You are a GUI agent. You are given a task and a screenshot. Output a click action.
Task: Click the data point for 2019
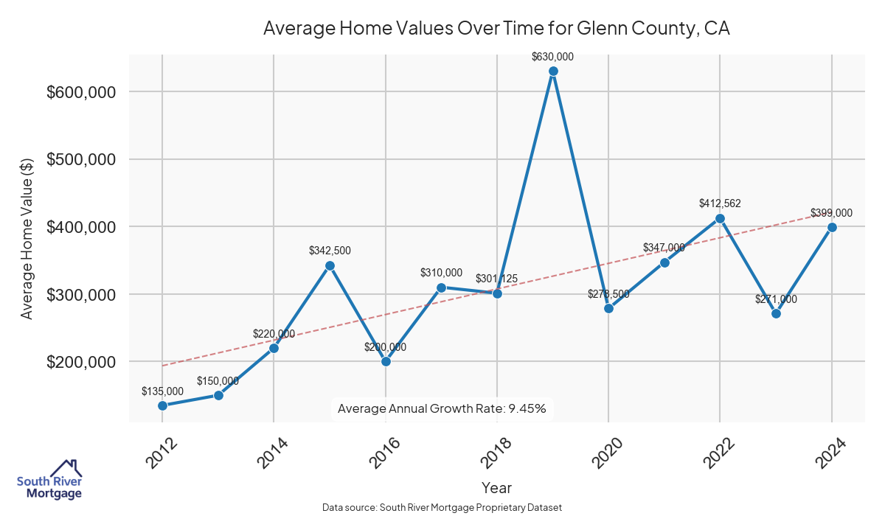pyautogui.click(x=553, y=72)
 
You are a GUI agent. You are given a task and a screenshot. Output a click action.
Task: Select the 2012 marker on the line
pyautogui.click(x=162, y=405)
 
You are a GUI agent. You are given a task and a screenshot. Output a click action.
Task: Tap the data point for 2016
pyautogui.click(x=386, y=361)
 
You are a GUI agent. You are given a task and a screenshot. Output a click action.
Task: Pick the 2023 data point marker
pyautogui.click(x=776, y=313)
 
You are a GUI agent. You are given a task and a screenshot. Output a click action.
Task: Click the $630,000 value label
pyautogui.click(x=553, y=57)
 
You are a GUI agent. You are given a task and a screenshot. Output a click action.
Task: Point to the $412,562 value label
pyautogui.click(x=720, y=203)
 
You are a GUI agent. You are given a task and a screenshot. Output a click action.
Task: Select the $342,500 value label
pyautogui.click(x=330, y=251)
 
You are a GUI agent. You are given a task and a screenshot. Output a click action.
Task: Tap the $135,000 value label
pyautogui.click(x=162, y=391)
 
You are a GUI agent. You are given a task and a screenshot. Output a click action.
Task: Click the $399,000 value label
pyautogui.click(x=831, y=213)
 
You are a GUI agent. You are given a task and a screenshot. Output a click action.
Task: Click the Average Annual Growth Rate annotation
pyautogui.click(x=442, y=408)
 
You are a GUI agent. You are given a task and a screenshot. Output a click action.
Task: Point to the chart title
pyautogui.click(x=496, y=29)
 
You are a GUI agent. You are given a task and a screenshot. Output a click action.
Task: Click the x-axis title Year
pyautogui.click(x=496, y=487)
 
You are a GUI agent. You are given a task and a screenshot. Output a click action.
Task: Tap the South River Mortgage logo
pyautogui.click(x=49, y=480)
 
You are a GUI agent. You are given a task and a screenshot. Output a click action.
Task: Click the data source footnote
pyautogui.click(x=442, y=508)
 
